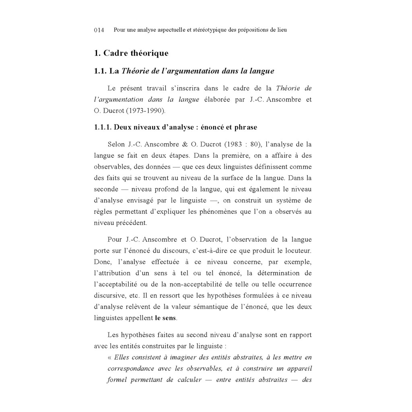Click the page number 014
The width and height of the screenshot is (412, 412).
click(99, 30)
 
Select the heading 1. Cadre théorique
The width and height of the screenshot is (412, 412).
click(131, 53)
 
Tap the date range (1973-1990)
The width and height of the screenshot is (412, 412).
click(143, 111)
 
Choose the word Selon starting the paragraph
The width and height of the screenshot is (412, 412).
click(116, 144)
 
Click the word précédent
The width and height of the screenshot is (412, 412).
click(132, 222)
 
